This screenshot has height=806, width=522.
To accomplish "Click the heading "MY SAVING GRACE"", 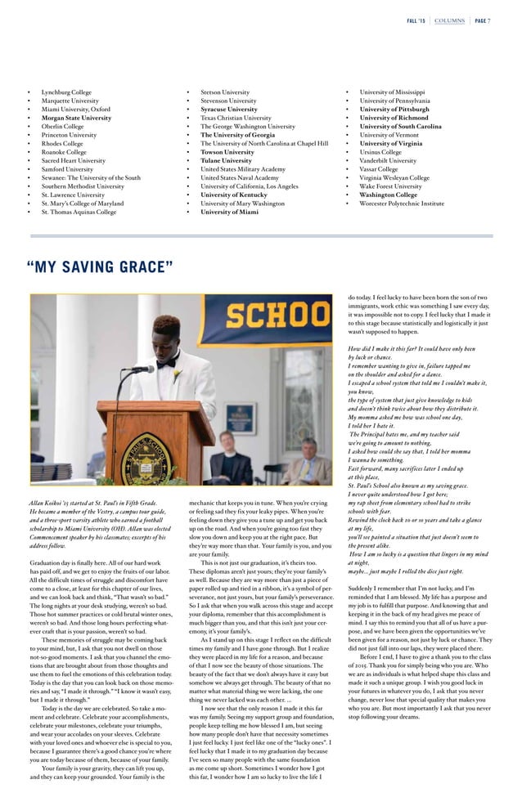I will click(100, 267).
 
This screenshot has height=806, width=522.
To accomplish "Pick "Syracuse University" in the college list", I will click(229, 109).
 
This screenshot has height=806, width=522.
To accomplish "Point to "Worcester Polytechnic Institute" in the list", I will click(405, 203).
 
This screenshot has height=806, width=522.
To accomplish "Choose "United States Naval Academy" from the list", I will click(240, 177).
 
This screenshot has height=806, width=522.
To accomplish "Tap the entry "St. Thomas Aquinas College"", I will click(79, 212).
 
